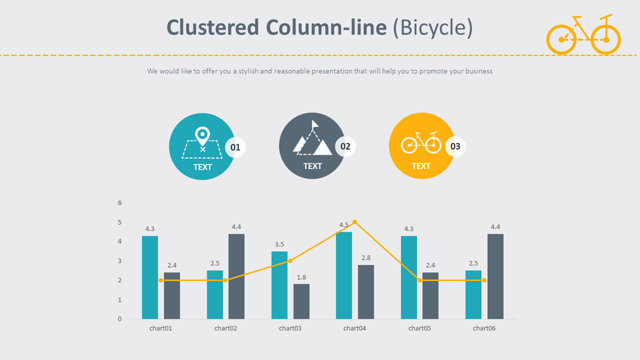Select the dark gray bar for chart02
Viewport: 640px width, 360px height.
tap(236, 276)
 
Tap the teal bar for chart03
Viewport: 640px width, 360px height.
tap(279, 285)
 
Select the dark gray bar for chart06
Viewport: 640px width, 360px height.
tap(496, 276)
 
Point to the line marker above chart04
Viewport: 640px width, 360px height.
tap(355, 222)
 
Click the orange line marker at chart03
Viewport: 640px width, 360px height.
tap(290, 261)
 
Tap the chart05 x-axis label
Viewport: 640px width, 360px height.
tap(419, 328)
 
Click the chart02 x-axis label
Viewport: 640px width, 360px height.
tap(225, 328)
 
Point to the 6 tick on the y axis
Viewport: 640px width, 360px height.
tap(120, 203)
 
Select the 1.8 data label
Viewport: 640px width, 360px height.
tap(301, 278)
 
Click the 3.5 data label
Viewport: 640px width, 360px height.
tap(279, 245)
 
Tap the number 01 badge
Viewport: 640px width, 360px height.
tap(235, 148)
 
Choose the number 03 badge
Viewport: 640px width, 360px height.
tap(455, 147)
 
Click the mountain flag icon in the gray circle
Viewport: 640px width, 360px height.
tap(312, 139)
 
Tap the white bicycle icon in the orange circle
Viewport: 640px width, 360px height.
tap(421, 142)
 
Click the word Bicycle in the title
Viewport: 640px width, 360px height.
tap(433, 27)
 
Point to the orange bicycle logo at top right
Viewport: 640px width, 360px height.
tap(584, 35)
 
